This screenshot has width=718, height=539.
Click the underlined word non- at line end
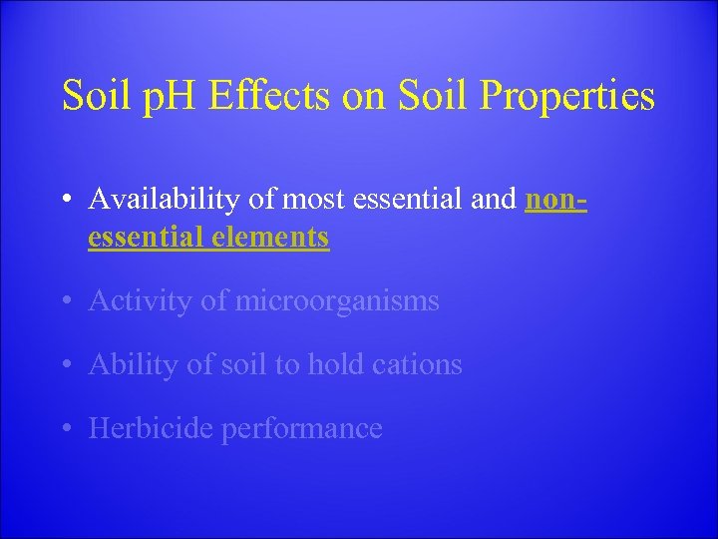pos(555,201)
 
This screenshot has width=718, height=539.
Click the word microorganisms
pos(336,301)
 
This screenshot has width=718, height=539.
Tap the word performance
pos(301,429)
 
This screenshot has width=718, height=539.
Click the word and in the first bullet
pos(494,201)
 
